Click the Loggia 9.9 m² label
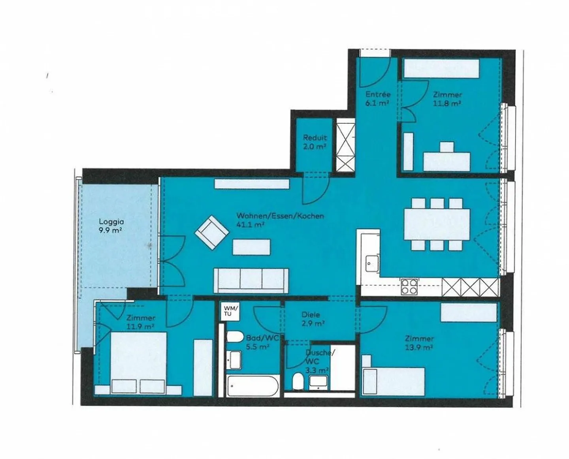tap(110, 226)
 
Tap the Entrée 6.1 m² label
tap(377, 98)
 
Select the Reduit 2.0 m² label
tap(315, 142)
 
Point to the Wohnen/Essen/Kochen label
tap(280, 220)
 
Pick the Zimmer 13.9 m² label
tap(419, 343)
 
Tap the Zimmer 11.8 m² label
tap(447, 99)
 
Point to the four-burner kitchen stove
tap(409, 286)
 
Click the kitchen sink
tap(371, 263)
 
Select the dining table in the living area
tap(437, 224)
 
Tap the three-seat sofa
tap(251, 280)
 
